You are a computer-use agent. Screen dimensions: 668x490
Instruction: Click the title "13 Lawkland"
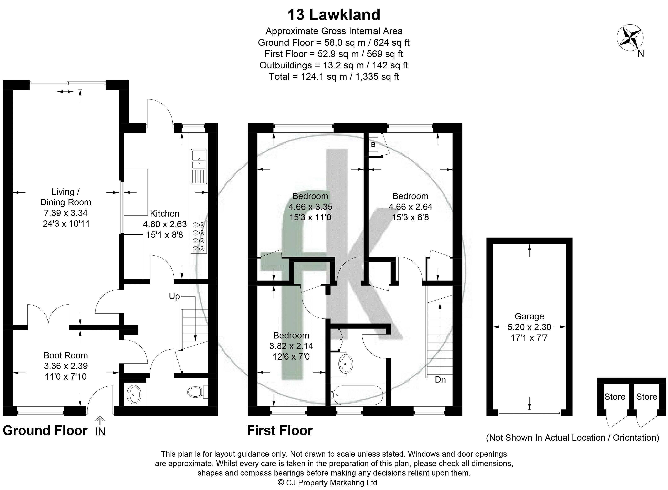pyautogui.click(x=334, y=15)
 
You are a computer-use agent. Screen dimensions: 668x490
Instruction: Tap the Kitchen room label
pyautogui.click(x=165, y=214)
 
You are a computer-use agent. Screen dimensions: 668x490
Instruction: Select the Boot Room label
pyautogui.click(x=66, y=355)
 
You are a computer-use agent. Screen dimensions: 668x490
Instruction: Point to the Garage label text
pyautogui.click(x=529, y=316)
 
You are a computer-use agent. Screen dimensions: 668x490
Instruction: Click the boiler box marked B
pyautogui.click(x=373, y=145)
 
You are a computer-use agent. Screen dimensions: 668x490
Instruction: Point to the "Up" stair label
pyautogui.click(x=174, y=296)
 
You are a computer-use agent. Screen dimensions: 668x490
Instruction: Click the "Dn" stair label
pyautogui.click(x=440, y=380)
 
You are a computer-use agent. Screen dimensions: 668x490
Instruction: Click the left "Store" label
pyautogui.click(x=615, y=397)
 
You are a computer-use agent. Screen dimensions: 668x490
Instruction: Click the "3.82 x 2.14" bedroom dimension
pyautogui.click(x=291, y=346)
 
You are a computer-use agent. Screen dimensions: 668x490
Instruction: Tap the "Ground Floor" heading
pyautogui.click(x=45, y=430)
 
